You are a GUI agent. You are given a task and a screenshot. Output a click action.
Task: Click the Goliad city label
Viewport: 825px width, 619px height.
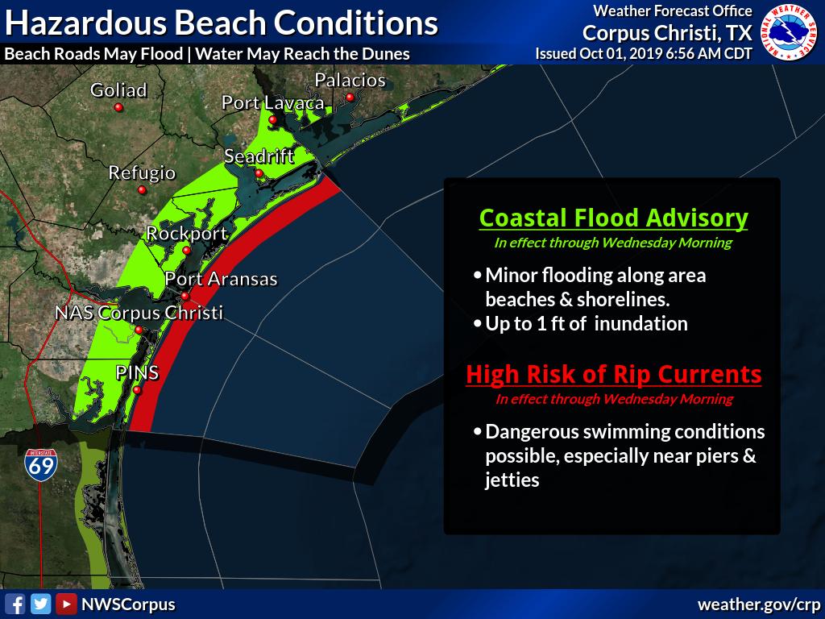(118, 90)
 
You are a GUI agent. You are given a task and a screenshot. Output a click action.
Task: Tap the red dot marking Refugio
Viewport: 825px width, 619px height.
(142, 190)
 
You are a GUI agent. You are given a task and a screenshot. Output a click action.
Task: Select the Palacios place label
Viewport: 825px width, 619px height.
(350, 81)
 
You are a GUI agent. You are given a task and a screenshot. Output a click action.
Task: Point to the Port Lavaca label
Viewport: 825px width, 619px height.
(273, 103)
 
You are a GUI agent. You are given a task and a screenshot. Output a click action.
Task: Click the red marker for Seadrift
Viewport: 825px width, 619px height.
(259, 173)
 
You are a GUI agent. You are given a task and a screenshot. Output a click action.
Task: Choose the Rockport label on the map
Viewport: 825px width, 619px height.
(187, 234)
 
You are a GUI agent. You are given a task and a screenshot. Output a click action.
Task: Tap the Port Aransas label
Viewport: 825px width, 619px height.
(221, 279)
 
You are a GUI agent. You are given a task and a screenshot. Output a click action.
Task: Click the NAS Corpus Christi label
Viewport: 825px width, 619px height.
(139, 313)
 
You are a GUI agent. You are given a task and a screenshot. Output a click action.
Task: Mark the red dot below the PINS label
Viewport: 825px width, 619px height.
(137, 391)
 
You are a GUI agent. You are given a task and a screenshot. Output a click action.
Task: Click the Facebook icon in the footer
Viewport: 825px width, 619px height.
(15, 604)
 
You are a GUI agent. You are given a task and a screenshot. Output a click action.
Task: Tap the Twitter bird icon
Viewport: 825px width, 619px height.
(40, 604)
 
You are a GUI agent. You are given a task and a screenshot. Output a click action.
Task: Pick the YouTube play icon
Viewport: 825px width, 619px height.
(67, 604)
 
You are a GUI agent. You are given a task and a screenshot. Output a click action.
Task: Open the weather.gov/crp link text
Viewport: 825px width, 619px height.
(758, 604)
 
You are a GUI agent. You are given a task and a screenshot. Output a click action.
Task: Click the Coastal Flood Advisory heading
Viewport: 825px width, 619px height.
(613, 218)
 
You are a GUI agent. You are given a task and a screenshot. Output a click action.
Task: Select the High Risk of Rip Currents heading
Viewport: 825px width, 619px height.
(613, 375)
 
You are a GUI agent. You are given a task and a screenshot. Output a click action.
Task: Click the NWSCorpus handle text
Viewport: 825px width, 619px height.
(128, 604)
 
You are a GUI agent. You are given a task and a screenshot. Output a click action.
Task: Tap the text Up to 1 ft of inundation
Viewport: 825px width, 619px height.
(586, 323)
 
